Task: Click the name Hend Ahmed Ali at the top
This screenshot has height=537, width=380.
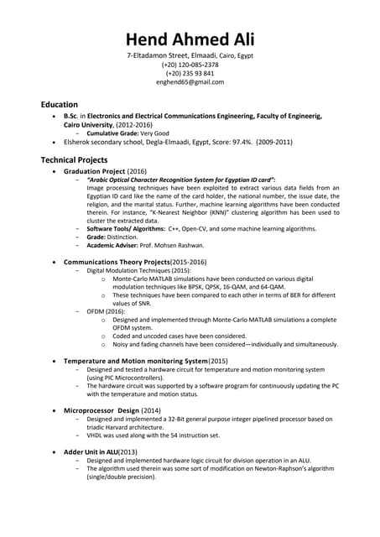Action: click(190, 39)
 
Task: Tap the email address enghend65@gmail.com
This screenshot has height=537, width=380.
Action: click(190, 82)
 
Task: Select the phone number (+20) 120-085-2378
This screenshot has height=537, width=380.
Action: click(190, 65)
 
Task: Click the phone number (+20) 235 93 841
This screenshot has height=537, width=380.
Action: click(190, 73)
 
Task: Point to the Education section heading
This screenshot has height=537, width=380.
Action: click(60, 104)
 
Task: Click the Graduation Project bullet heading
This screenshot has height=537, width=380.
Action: click(95, 170)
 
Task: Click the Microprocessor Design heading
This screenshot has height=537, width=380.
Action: click(102, 410)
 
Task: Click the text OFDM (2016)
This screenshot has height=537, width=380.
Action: click(106, 310)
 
